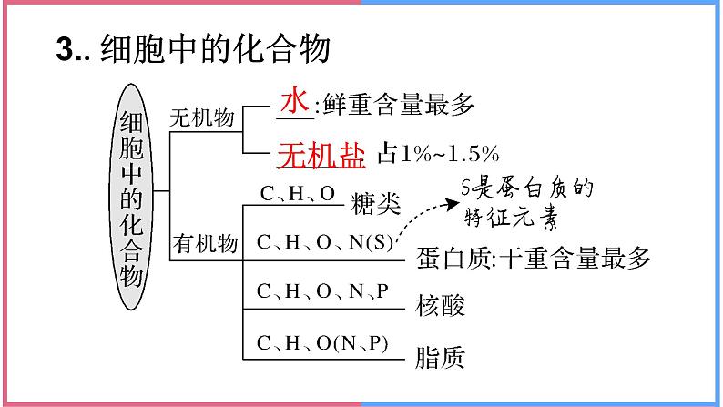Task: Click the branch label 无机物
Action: tap(203, 118)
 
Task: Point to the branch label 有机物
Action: tap(204, 243)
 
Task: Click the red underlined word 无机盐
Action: tap(321, 153)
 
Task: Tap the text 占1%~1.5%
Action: tap(438, 153)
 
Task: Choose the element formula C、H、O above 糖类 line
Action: tap(298, 193)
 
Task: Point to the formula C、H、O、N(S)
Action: tap(325, 243)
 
